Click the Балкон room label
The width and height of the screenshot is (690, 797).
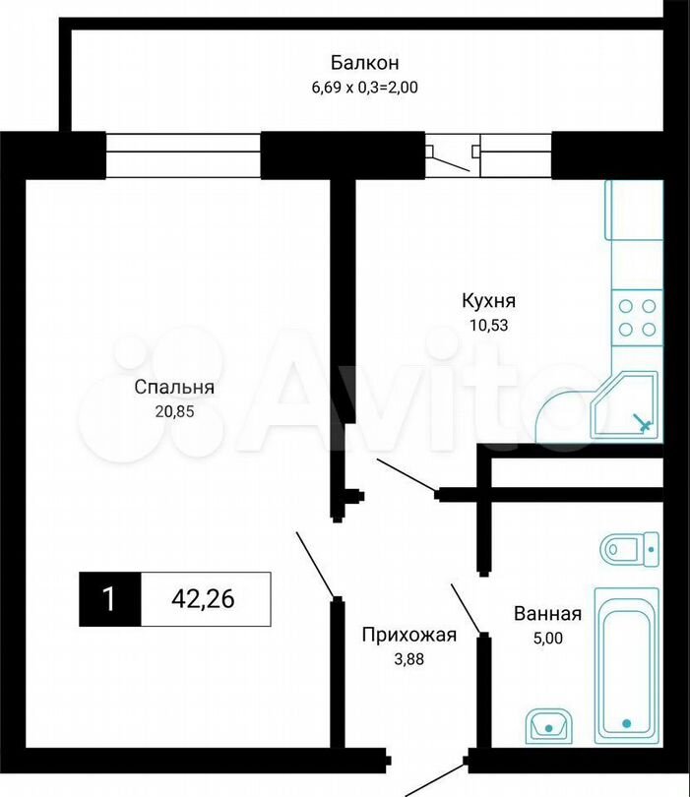364,63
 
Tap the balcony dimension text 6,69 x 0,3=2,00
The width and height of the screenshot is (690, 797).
364,88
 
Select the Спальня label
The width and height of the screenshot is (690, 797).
174,388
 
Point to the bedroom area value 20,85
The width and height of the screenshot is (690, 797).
174,411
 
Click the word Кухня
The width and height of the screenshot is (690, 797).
488,301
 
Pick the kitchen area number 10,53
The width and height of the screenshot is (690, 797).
488,325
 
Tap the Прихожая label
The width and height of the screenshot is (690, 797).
409,635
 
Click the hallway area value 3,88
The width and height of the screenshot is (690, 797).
409,659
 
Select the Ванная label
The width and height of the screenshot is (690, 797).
547,614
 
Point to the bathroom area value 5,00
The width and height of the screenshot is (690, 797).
547,638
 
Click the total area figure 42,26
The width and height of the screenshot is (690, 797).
203,599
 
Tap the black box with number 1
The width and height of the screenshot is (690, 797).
110,599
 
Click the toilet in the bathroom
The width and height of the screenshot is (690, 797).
630,549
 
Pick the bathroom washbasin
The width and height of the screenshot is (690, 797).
548,726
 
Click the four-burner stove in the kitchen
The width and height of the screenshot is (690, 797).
637,318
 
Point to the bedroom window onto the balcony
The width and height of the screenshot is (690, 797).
183,155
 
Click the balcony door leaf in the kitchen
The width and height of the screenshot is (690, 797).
448,160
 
